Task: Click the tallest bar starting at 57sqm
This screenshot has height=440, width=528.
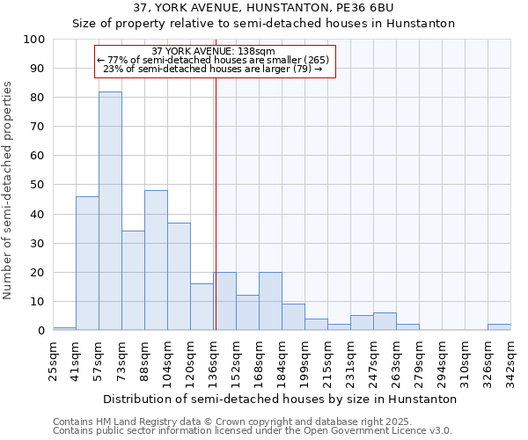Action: (110, 211)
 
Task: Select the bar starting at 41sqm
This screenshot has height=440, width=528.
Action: (87, 263)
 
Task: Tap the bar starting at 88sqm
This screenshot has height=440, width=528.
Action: (156, 260)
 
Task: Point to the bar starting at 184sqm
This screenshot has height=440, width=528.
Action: (293, 317)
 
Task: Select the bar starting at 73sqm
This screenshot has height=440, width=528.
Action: (133, 281)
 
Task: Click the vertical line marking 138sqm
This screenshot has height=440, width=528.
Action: (216, 202)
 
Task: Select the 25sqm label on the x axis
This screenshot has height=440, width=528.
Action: (54, 356)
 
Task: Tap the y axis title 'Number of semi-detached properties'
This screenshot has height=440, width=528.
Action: (9, 189)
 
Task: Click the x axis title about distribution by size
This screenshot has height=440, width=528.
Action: (280, 399)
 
